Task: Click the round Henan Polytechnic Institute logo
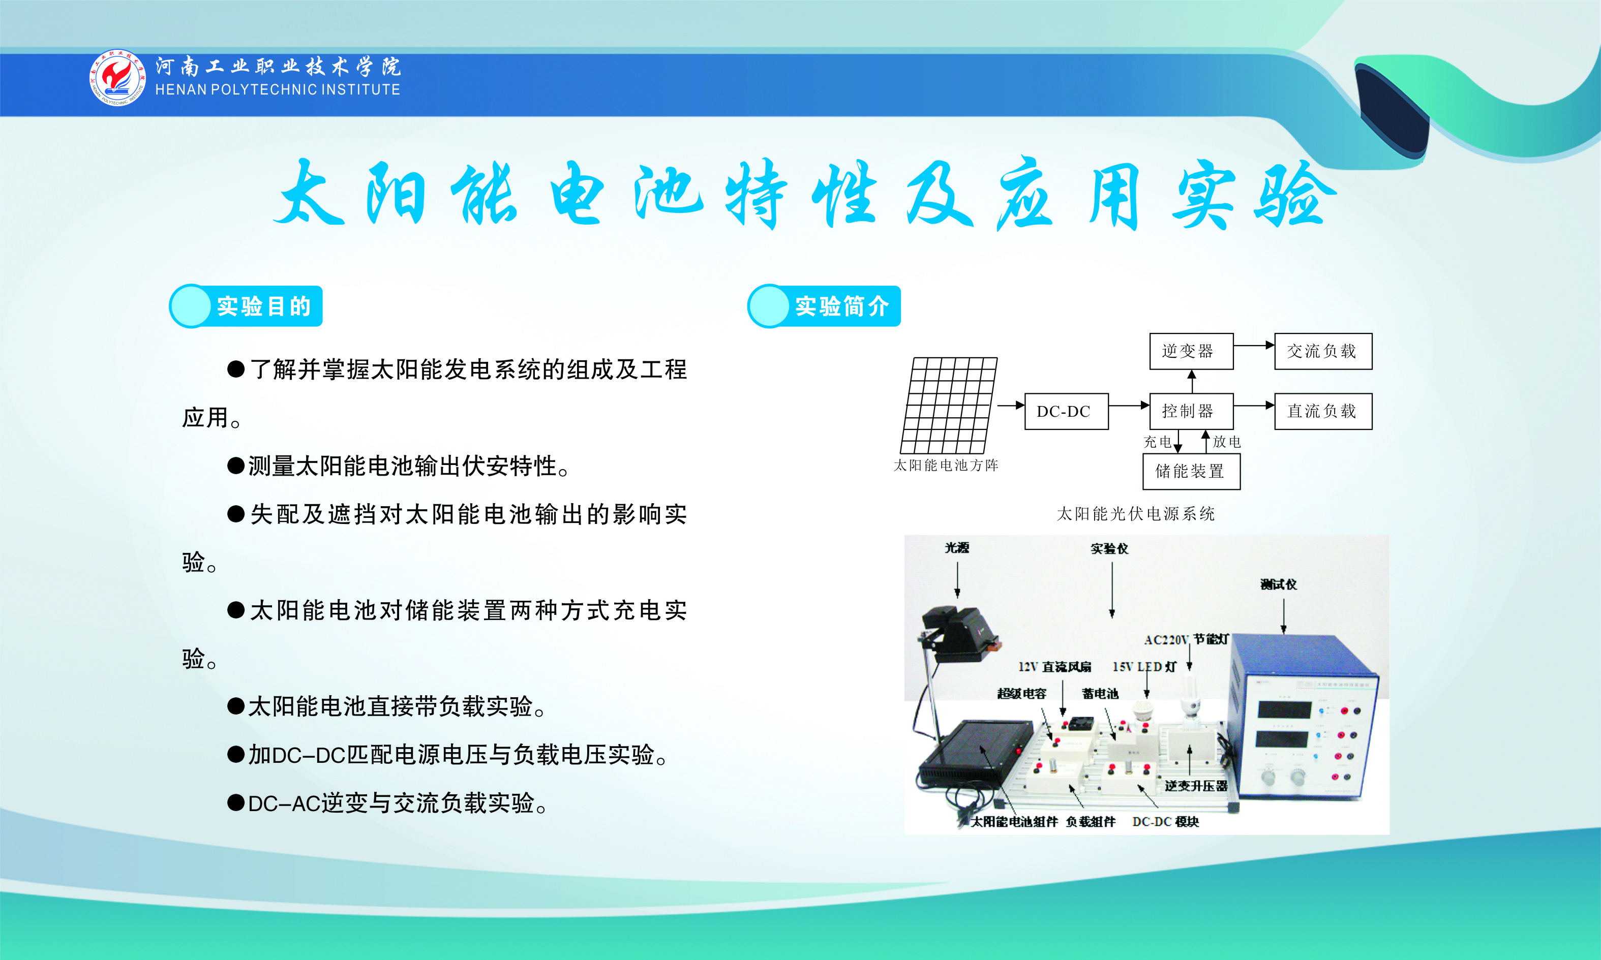click(x=118, y=78)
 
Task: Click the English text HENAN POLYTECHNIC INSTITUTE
click(x=278, y=89)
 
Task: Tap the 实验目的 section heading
click(x=263, y=306)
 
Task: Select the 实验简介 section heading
click(x=841, y=306)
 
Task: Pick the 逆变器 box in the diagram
click(x=1191, y=351)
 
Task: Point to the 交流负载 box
click(x=1323, y=351)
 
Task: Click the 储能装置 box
click(x=1191, y=472)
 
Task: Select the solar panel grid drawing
click(x=949, y=406)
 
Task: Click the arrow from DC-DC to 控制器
click(x=1129, y=406)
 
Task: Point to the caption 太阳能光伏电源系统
click(x=1136, y=514)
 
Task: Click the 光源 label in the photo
click(x=957, y=548)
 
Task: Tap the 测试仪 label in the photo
click(x=1279, y=584)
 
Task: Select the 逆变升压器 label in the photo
click(x=1196, y=786)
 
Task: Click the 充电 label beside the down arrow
click(x=1158, y=442)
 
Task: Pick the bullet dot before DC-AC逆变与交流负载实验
click(x=235, y=803)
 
